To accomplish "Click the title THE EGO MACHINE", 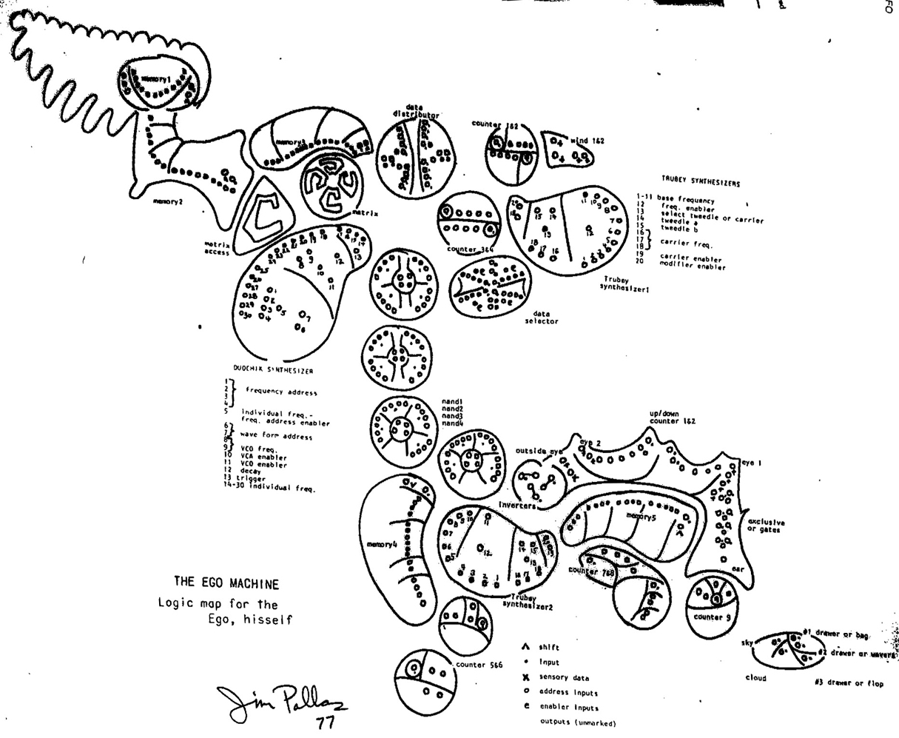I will point(226,584).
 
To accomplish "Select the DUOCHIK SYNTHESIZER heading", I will point(273,370).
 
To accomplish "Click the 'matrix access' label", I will point(218,249).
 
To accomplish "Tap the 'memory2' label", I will point(168,201).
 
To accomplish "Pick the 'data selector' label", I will point(541,318).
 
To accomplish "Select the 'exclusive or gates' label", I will point(766,526).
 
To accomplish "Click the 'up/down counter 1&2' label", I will point(672,417).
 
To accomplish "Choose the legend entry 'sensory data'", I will point(564,677).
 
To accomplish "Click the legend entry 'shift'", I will point(549,647).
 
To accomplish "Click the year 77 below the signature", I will point(325,723).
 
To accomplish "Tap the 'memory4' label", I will point(382,545).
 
